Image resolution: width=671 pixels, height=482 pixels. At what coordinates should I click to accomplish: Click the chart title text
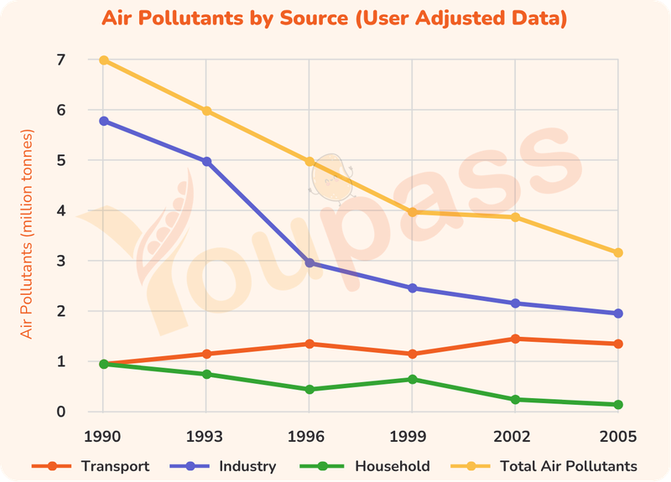click(334, 18)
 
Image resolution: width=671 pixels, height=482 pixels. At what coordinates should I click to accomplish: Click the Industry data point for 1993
click(206, 162)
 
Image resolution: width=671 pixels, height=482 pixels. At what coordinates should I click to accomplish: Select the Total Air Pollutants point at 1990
click(103, 60)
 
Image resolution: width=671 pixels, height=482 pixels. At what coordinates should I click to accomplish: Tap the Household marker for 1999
click(412, 380)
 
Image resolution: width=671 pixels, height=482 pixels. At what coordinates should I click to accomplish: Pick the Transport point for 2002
click(515, 339)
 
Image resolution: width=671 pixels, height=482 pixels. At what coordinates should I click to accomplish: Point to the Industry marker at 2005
click(618, 314)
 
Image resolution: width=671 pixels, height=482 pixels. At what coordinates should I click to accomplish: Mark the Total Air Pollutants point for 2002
click(515, 217)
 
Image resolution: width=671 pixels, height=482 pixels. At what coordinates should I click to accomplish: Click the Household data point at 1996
click(309, 389)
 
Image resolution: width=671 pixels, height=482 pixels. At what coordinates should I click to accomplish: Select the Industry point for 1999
click(412, 288)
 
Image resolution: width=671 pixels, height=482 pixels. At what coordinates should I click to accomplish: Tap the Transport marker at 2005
click(618, 344)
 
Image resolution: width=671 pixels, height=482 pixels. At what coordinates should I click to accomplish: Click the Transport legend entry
click(91, 466)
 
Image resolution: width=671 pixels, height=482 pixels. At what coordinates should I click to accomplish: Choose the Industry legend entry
click(223, 466)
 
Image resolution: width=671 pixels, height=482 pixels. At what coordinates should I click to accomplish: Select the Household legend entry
click(365, 466)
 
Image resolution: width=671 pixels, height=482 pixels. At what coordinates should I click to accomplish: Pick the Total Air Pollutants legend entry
click(544, 466)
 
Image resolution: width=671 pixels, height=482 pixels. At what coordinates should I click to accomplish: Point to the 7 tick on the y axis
click(60, 60)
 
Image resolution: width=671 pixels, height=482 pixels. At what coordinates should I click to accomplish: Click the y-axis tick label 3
click(60, 261)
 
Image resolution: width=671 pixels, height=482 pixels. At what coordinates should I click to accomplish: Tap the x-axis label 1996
click(306, 437)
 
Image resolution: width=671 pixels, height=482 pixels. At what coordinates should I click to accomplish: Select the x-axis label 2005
click(618, 437)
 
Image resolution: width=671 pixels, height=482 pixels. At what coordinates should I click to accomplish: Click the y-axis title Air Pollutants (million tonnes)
click(26, 234)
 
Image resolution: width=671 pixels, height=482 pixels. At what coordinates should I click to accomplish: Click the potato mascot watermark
click(331, 179)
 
